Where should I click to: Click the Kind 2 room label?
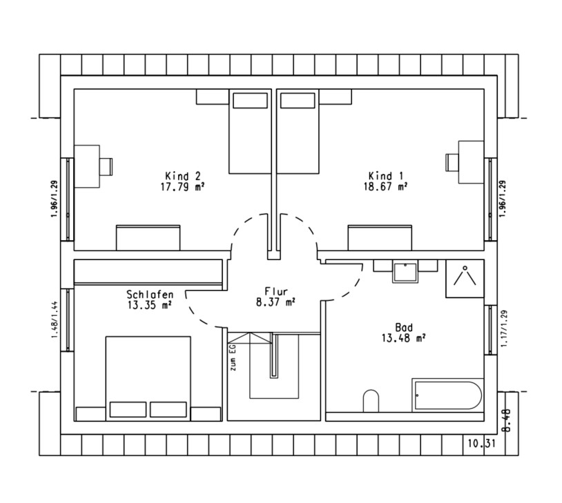183,176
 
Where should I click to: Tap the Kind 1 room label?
386,176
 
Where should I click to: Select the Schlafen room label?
150,295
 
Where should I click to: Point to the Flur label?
276,291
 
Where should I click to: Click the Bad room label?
404,328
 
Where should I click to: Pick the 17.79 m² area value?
183,187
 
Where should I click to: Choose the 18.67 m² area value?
386,187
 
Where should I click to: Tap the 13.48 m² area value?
404,338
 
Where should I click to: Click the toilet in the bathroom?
371,400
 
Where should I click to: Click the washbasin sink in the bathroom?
405,273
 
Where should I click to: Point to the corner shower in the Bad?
465,278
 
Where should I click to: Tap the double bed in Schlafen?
148,378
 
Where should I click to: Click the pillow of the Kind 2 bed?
250,100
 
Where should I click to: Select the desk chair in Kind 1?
452,162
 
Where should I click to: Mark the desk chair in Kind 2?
106,167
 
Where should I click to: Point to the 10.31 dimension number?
481,444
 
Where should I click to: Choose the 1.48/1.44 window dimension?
55,319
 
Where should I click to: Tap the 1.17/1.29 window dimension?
504,328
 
